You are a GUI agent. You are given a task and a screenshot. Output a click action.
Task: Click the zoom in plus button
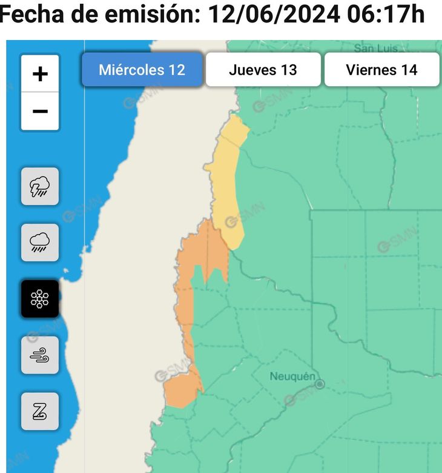click(40, 74)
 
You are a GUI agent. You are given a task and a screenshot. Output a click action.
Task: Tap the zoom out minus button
click(40, 112)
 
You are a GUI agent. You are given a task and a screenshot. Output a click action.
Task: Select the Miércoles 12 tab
click(142, 70)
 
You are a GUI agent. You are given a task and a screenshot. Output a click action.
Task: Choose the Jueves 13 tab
click(263, 70)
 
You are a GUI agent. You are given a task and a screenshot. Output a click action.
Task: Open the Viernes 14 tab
click(381, 70)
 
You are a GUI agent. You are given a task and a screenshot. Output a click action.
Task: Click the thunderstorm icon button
click(40, 186)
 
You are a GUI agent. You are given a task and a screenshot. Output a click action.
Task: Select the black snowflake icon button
click(40, 299)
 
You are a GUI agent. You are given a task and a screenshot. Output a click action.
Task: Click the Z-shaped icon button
click(40, 411)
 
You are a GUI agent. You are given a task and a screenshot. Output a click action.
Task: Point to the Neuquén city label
click(292, 377)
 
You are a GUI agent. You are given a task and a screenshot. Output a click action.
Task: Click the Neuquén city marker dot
click(320, 384)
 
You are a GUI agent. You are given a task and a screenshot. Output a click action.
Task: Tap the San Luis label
click(375, 47)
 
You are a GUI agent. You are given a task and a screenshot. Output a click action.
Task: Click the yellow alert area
click(226, 182)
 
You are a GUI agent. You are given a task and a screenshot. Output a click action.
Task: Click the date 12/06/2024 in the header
click(274, 15)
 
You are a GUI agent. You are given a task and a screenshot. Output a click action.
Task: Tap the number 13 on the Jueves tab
click(288, 70)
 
